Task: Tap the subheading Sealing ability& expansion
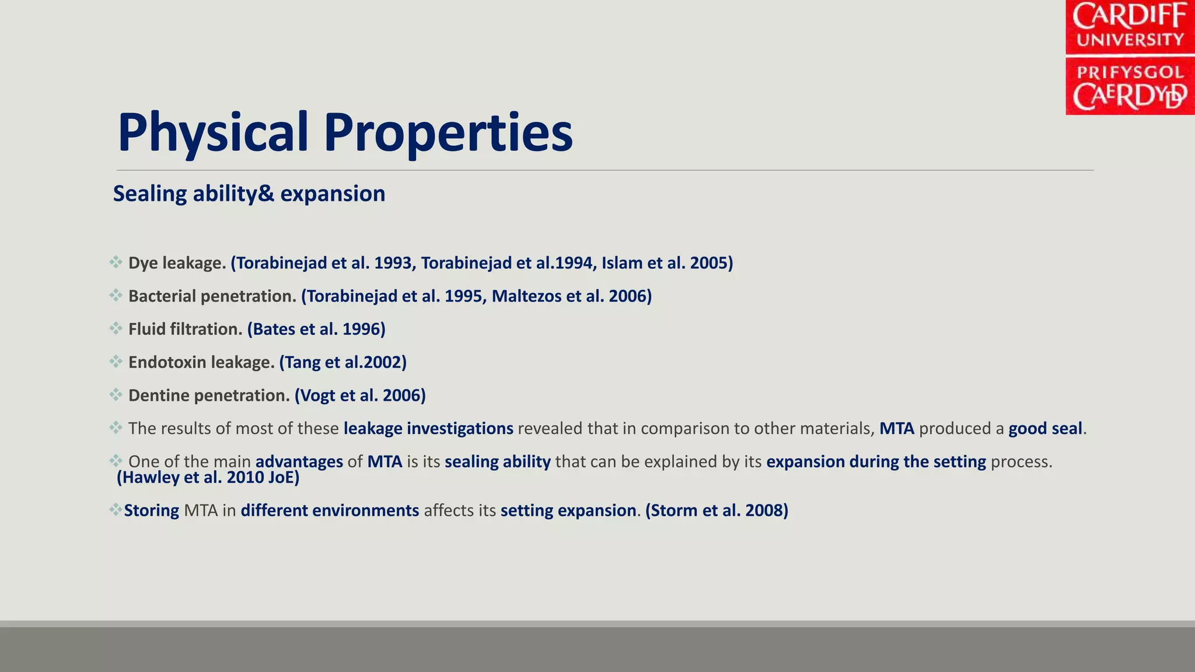point(249,194)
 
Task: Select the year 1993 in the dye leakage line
point(393,263)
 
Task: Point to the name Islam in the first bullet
point(622,263)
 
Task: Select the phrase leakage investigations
point(428,429)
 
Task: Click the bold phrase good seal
point(1045,429)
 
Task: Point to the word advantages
point(299,462)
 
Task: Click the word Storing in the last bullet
point(152,510)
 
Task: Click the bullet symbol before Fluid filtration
point(116,328)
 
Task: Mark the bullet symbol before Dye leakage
point(116,262)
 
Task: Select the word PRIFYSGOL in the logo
point(1130,72)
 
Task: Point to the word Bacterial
point(162,296)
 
